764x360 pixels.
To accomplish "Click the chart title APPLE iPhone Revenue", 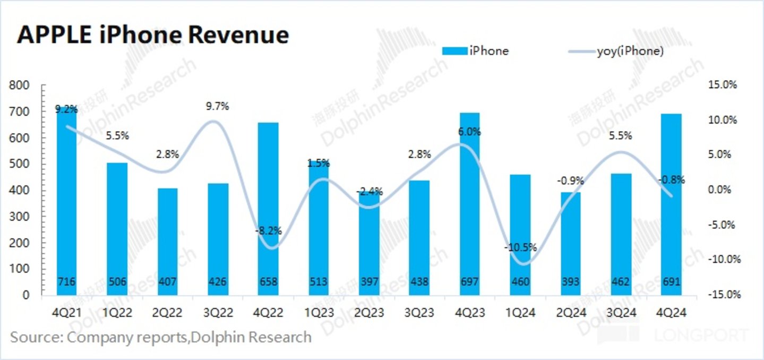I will coord(153,36).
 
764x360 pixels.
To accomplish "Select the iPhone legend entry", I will coord(475,52).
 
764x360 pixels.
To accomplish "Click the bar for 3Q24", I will coord(621,234).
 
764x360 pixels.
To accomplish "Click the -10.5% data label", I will coord(521,247).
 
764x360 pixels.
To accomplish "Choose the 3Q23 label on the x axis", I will coord(419,314).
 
